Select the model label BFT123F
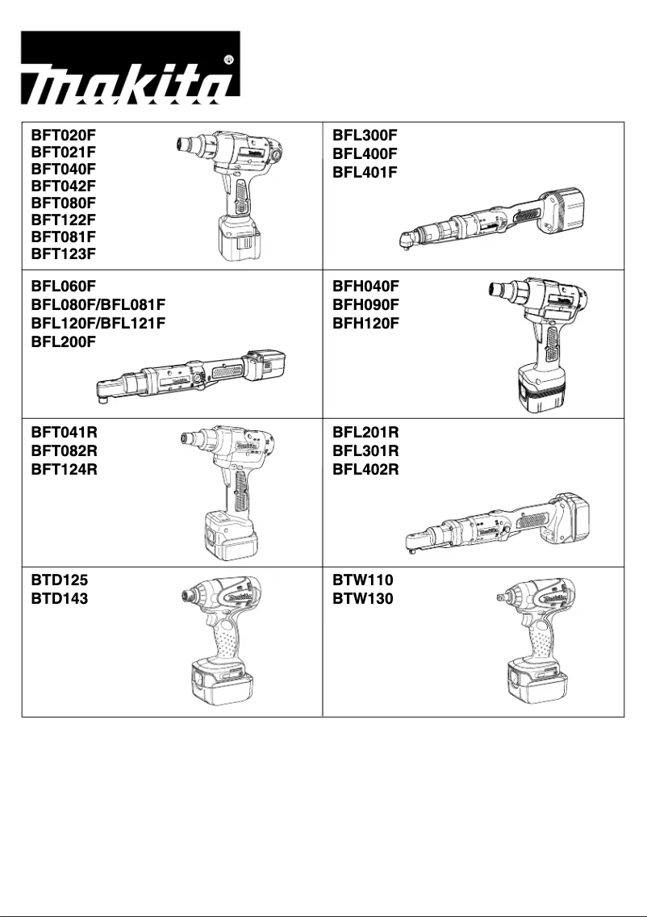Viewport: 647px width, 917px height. click(63, 253)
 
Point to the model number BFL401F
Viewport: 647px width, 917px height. click(365, 172)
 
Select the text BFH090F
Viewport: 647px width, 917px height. click(365, 304)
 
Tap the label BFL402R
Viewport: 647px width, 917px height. click(365, 470)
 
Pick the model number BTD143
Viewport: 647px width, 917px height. click(61, 599)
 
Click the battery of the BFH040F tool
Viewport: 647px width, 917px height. click(548, 393)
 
